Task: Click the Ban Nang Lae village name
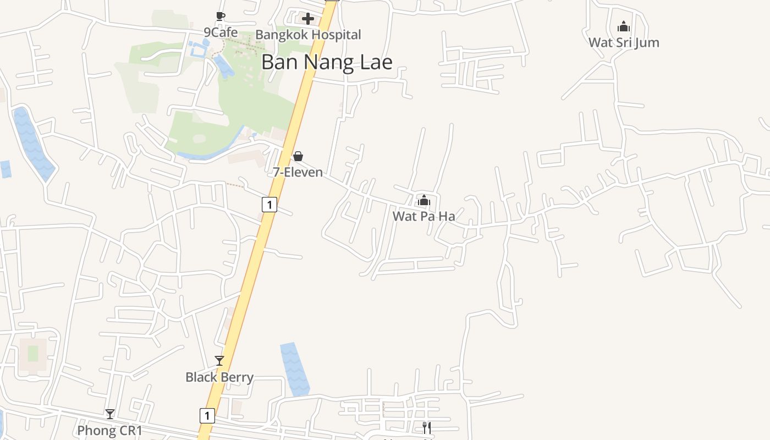(327, 62)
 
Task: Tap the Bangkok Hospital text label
(308, 35)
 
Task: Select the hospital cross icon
(308, 19)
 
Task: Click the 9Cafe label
(221, 32)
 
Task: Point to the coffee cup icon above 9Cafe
(220, 16)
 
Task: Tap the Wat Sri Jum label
(624, 42)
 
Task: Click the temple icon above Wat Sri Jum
(624, 26)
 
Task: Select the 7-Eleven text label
(298, 172)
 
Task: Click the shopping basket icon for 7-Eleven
(298, 156)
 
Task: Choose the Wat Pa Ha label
(424, 216)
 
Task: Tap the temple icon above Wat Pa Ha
(424, 200)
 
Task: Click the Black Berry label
(219, 377)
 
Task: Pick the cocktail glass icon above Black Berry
(219, 361)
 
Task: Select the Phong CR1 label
(109, 430)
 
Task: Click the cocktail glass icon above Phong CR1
(110, 414)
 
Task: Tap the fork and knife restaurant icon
(427, 427)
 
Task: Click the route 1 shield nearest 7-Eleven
(269, 205)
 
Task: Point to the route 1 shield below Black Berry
(207, 415)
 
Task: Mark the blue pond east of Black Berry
(295, 369)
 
